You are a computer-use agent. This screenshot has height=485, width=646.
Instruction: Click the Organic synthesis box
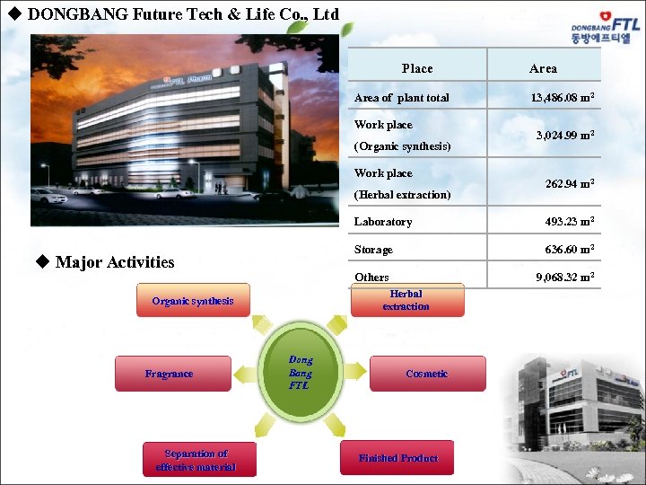(193, 301)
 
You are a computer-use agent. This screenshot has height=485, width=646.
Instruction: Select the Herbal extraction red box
(406, 300)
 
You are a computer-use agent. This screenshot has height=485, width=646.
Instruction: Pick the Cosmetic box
(427, 374)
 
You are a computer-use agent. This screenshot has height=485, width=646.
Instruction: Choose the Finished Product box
(397, 458)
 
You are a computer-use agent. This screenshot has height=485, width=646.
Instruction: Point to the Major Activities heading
(114, 262)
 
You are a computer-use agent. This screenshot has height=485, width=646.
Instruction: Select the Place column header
(417, 68)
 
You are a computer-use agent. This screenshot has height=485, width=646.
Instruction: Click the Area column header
(543, 68)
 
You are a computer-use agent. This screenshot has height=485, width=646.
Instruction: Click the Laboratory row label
(383, 222)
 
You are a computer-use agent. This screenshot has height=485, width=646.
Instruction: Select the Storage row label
(373, 250)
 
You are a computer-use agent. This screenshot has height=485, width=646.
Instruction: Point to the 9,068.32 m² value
(563, 278)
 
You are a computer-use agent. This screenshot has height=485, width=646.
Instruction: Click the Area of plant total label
(402, 97)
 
